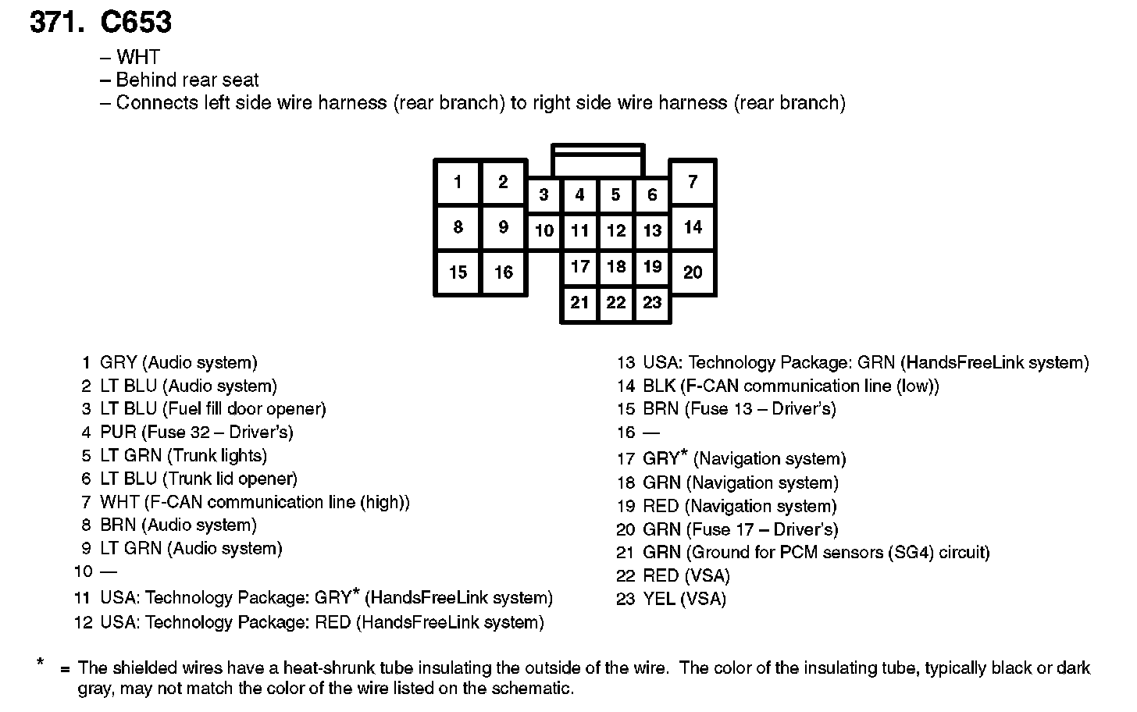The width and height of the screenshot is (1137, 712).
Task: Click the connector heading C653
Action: [136, 22]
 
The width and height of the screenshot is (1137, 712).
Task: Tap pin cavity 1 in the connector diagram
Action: [458, 183]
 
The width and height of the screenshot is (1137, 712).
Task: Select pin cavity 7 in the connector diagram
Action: [693, 183]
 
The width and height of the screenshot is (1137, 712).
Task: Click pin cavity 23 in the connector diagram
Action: [652, 303]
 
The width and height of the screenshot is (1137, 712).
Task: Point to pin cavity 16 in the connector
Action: [504, 272]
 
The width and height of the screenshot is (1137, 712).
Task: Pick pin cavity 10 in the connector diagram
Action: [544, 230]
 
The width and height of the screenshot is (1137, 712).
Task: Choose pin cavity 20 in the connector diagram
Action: [693, 272]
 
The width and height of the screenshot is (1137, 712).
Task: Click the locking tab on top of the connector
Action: [597, 160]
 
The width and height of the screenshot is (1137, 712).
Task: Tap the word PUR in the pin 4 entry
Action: [118, 433]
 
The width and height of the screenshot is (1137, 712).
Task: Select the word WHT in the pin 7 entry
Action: [119, 502]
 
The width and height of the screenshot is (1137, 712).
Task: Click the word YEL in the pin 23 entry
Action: [659, 600]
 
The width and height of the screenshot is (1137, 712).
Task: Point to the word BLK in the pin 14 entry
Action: [659, 386]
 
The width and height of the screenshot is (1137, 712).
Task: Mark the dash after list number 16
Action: [651, 433]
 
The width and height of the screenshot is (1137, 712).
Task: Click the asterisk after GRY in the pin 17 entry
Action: [684, 454]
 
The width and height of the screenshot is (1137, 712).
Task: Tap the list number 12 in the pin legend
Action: [84, 623]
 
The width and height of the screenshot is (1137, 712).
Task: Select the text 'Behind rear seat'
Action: [187, 80]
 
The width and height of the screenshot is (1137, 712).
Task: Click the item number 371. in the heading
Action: [56, 22]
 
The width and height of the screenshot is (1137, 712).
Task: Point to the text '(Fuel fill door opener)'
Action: [244, 409]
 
